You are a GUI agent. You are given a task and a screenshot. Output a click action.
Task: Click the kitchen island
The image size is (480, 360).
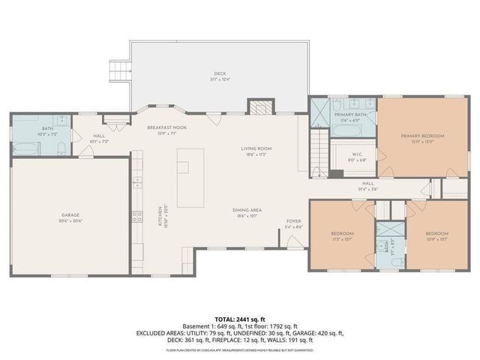click(190, 178)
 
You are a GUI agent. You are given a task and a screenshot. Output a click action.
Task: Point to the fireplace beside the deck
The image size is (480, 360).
click(259, 106)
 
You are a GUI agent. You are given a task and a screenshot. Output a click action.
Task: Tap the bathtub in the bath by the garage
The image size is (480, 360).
click(25, 147)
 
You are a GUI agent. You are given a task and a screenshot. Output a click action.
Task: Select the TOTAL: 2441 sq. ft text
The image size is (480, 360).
click(240, 319)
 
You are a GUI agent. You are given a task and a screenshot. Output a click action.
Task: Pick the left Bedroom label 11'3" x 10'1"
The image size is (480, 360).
click(342, 236)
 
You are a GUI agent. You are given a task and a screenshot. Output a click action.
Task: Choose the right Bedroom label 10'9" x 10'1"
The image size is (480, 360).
click(436, 236)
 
